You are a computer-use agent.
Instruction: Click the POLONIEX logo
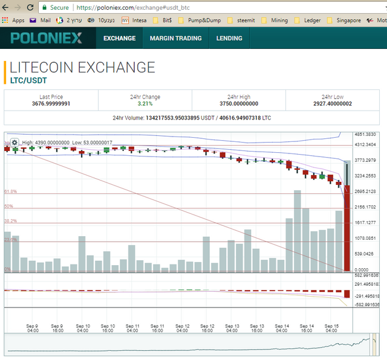[45, 39]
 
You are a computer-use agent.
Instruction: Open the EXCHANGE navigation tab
[119, 38]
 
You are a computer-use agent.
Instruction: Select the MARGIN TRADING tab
[175, 38]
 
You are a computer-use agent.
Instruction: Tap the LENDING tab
[229, 38]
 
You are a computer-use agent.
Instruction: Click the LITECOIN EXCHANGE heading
[82, 68]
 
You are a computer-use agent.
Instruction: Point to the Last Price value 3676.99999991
[51, 104]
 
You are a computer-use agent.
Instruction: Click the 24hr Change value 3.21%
[145, 104]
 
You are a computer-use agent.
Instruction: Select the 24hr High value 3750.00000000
[242, 104]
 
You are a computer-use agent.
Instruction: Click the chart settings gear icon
[15, 143]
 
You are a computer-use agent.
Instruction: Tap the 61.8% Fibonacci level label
[10, 191]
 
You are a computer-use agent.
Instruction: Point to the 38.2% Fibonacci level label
[10, 221]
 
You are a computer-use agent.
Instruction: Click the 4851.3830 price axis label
[365, 135]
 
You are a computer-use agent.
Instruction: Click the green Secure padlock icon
[44, 8]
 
